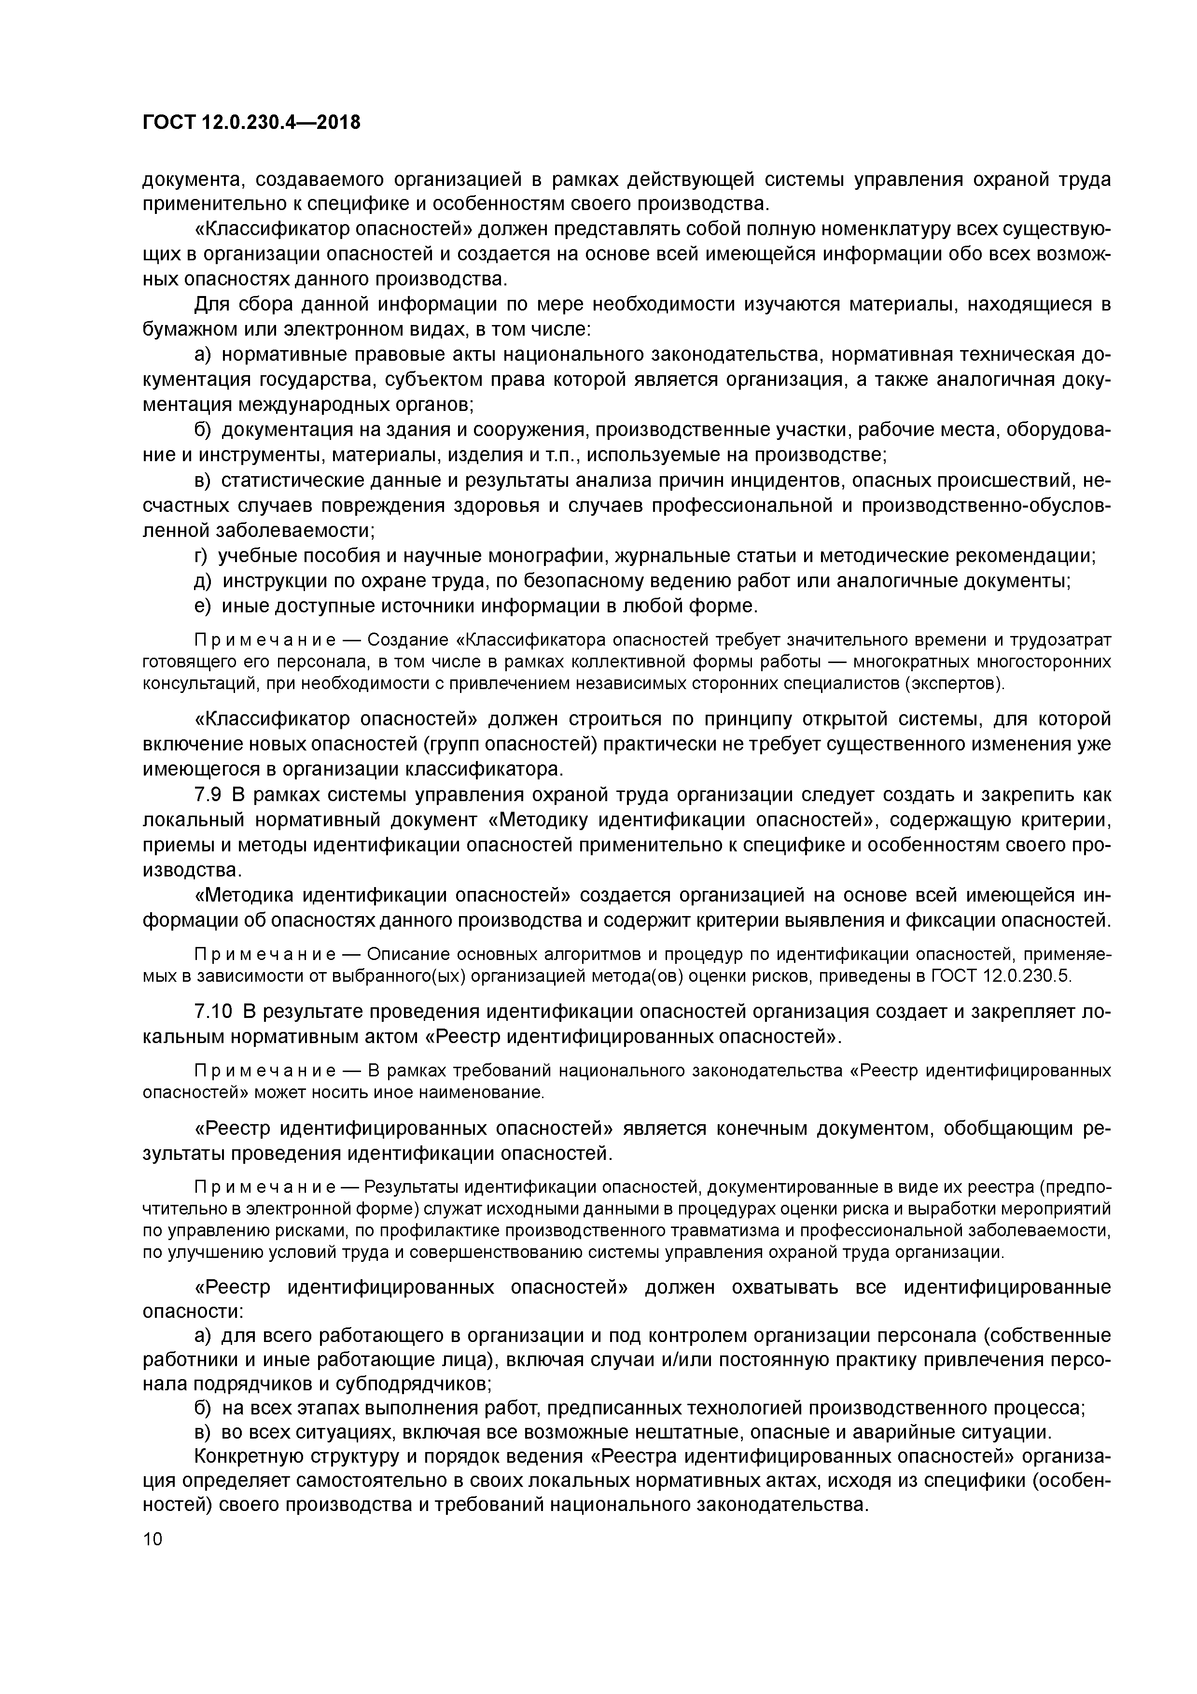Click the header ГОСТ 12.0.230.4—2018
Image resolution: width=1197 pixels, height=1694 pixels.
pyautogui.click(x=251, y=123)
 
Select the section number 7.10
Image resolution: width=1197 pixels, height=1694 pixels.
pyautogui.click(x=213, y=1012)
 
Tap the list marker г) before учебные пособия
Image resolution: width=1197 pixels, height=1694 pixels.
pyautogui.click(x=201, y=555)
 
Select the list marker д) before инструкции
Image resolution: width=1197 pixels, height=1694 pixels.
pyautogui.click(x=203, y=580)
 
